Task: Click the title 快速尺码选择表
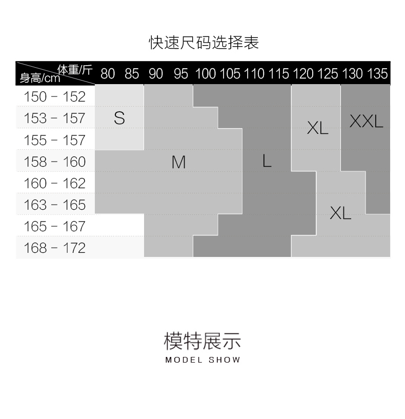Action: click(204, 42)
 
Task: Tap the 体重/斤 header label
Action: click(75, 69)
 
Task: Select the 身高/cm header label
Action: click(39, 78)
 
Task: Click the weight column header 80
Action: click(108, 73)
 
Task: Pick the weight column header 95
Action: click(181, 73)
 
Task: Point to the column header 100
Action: click(206, 73)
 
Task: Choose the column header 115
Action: click(279, 73)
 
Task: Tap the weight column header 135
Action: click(378, 73)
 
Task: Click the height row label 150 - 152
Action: click(55, 96)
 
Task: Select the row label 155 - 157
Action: click(55, 140)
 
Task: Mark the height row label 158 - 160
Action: click(55, 162)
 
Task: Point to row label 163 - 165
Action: click(55, 205)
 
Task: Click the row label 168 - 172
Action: click(55, 248)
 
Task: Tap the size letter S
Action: click(119, 118)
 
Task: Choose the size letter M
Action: click(178, 162)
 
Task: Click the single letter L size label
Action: click(267, 161)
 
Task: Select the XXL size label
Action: click(366, 122)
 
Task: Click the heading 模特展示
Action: click(202, 341)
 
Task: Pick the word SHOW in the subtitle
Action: click(225, 360)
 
